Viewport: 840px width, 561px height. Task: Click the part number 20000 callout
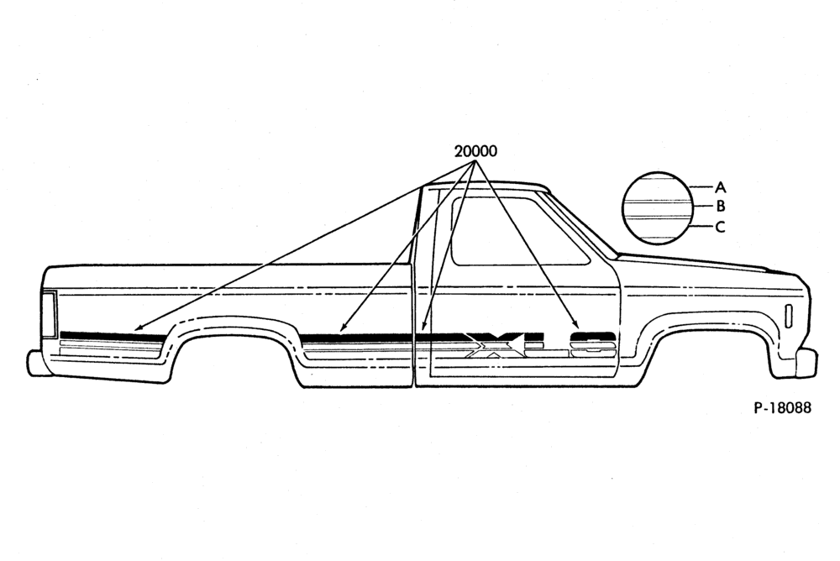475,151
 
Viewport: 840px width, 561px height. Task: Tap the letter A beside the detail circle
721,187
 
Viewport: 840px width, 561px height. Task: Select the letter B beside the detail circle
721,206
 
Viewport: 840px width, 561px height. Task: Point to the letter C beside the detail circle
721,227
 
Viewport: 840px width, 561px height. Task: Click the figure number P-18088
783,408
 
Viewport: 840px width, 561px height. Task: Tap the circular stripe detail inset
657,208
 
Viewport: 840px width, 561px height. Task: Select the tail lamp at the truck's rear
50,315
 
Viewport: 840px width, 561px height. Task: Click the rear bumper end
39,363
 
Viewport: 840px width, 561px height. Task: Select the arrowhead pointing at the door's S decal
576,325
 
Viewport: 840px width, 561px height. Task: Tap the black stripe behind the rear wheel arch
113,335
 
